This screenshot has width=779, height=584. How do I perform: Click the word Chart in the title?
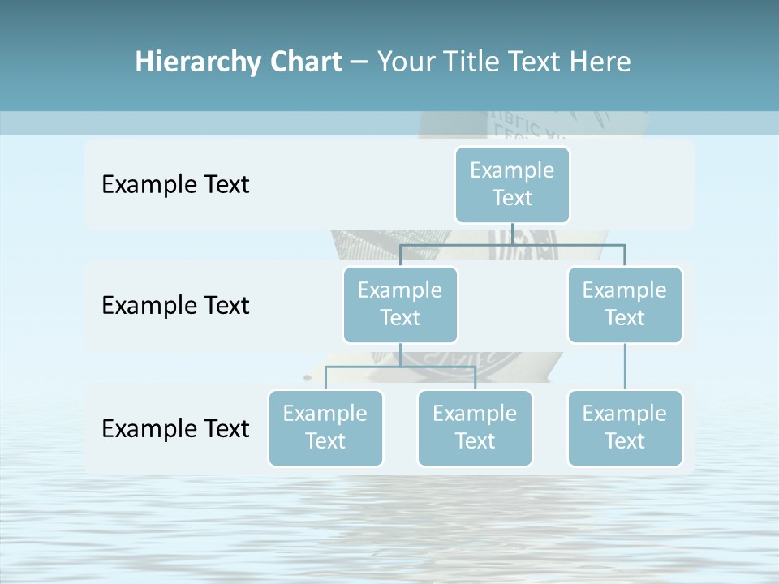click(304, 62)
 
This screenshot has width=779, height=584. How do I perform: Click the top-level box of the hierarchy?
click(512, 184)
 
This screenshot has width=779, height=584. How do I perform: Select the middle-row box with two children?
click(400, 304)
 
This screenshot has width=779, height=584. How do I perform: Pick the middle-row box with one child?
click(625, 304)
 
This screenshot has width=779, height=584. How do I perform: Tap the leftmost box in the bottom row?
click(325, 427)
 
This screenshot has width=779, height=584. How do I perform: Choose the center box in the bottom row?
click(475, 427)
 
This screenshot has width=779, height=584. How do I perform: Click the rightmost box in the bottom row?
click(625, 427)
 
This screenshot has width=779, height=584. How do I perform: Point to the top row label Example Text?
click(175, 184)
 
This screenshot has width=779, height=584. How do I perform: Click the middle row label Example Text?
click(175, 305)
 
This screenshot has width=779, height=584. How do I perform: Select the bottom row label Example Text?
click(175, 428)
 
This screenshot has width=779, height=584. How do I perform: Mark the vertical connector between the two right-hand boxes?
click(625, 367)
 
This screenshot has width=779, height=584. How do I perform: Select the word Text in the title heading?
click(535, 62)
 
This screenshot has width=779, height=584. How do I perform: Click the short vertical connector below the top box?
click(512, 234)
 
